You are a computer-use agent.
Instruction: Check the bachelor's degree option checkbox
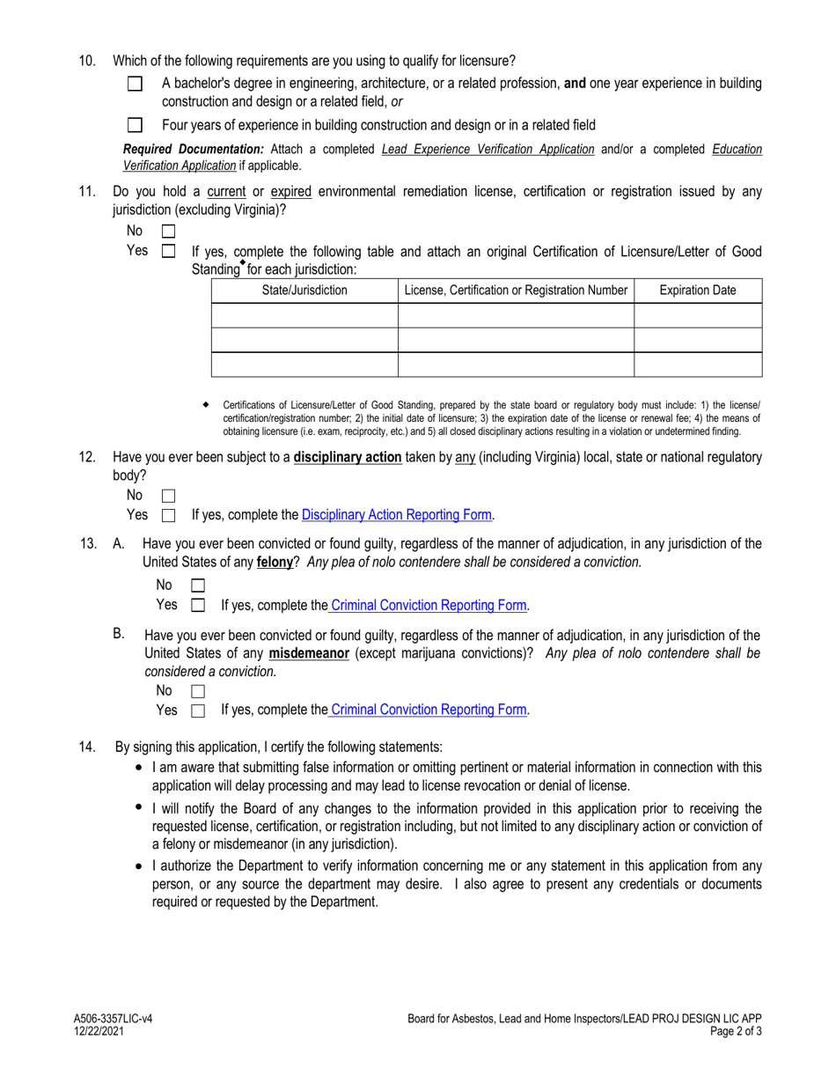click(135, 85)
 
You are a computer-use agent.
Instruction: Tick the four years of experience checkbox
click(135, 126)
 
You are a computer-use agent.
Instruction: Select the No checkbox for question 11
click(169, 232)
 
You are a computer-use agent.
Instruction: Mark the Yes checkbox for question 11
click(169, 252)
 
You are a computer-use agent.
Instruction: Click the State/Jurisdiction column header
click(304, 291)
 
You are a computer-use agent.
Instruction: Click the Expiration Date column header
click(698, 291)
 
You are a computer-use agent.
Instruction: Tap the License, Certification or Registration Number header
click(516, 291)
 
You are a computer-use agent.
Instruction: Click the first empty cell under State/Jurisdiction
click(304, 315)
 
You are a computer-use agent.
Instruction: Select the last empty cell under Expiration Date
click(698, 365)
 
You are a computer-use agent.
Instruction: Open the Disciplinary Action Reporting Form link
click(396, 515)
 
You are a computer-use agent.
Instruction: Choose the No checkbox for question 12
click(169, 497)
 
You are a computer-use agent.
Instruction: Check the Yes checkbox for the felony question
click(198, 606)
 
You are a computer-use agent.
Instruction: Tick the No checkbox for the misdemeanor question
click(198, 692)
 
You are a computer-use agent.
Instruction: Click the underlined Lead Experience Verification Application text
click(488, 150)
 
